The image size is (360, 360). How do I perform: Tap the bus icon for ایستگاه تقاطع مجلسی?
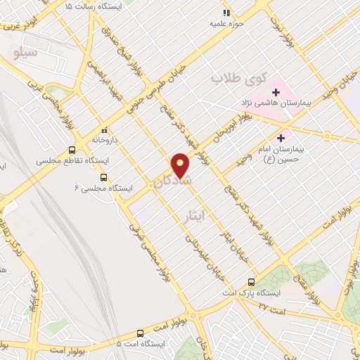pyautogui.click(x=72, y=150)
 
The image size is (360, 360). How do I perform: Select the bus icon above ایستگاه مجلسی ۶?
pyautogui.click(x=104, y=176)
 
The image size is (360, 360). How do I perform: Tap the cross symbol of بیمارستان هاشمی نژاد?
pyautogui.click(x=275, y=91)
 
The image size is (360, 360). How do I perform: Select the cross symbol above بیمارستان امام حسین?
pyautogui.click(x=282, y=138)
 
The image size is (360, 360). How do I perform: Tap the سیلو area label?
pyautogui.click(x=25, y=52)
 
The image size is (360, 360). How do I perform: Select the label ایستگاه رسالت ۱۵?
pyautogui.click(x=94, y=6)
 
